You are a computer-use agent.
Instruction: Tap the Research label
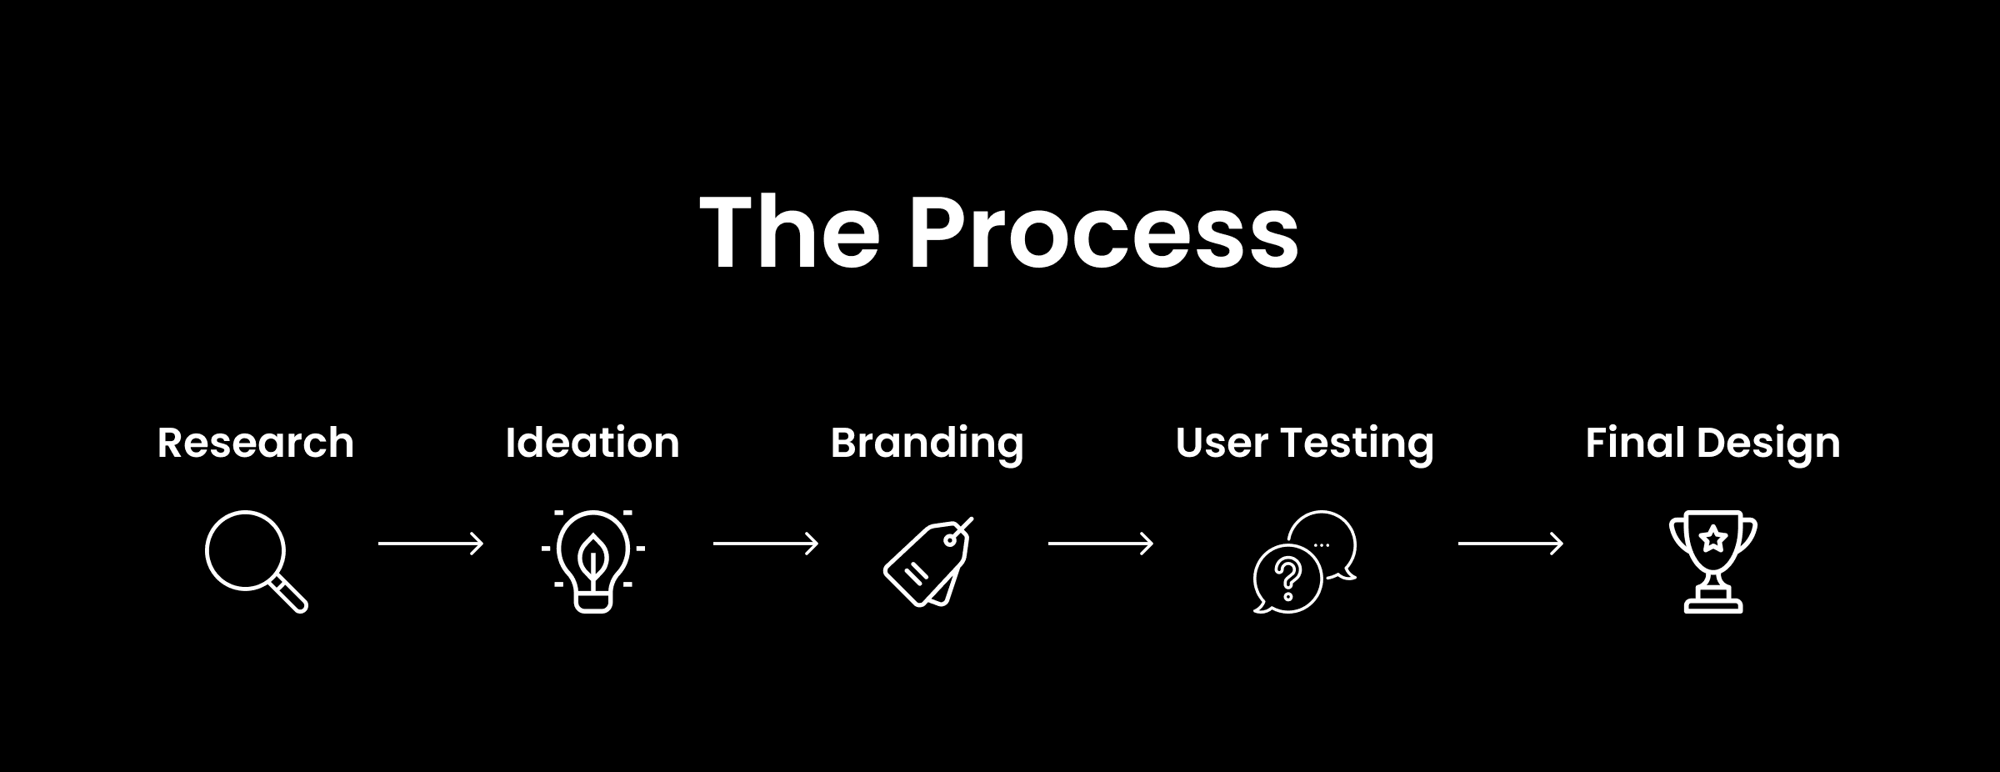(256, 443)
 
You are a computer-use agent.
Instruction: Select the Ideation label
(592, 443)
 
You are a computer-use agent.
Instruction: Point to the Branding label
(927, 444)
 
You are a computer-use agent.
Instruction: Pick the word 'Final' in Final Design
(1633, 443)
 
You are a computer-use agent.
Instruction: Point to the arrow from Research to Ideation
(431, 544)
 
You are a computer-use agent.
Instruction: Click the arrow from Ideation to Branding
(766, 544)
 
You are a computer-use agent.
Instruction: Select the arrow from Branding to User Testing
(1101, 544)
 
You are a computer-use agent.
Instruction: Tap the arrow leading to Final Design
(1511, 544)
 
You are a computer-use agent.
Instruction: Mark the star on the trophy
(1713, 539)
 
